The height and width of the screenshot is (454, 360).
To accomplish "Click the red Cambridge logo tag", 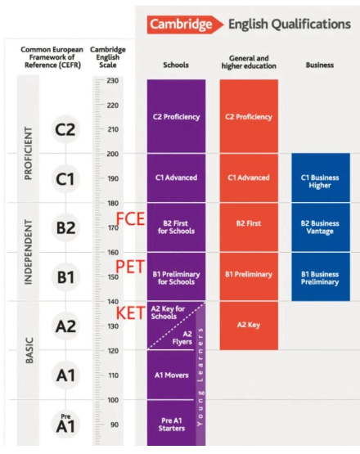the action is coord(186,25).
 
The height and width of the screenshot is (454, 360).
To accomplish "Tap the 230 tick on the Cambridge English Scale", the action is coord(113,80).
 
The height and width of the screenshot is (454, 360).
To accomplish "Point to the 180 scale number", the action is coord(113,203).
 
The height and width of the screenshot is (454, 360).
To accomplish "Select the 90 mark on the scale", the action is coord(114,425).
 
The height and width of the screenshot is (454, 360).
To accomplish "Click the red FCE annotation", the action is coord(130,219).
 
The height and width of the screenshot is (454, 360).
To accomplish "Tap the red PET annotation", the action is coord(130,267).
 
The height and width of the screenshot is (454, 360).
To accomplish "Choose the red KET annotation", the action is coord(130,313).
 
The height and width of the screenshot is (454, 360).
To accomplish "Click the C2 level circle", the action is coord(65,129).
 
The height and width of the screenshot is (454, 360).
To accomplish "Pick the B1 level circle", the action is coord(65,277).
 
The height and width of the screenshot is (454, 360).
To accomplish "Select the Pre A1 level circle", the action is coord(65,425).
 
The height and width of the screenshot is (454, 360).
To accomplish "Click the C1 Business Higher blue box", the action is coord(321,178).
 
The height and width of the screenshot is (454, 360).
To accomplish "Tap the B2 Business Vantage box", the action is coord(321,227).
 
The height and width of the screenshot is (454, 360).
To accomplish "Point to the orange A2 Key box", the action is coord(249,326).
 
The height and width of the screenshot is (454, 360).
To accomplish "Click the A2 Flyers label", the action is coord(182,338).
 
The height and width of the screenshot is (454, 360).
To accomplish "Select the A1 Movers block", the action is coord(172,375).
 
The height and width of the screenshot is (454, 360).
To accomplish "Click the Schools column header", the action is coord(176,65).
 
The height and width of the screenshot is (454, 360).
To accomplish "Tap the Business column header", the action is coord(320,65).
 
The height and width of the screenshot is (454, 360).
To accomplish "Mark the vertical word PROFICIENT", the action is coord(28,153).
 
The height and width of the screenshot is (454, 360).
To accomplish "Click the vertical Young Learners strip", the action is coord(200,376).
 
